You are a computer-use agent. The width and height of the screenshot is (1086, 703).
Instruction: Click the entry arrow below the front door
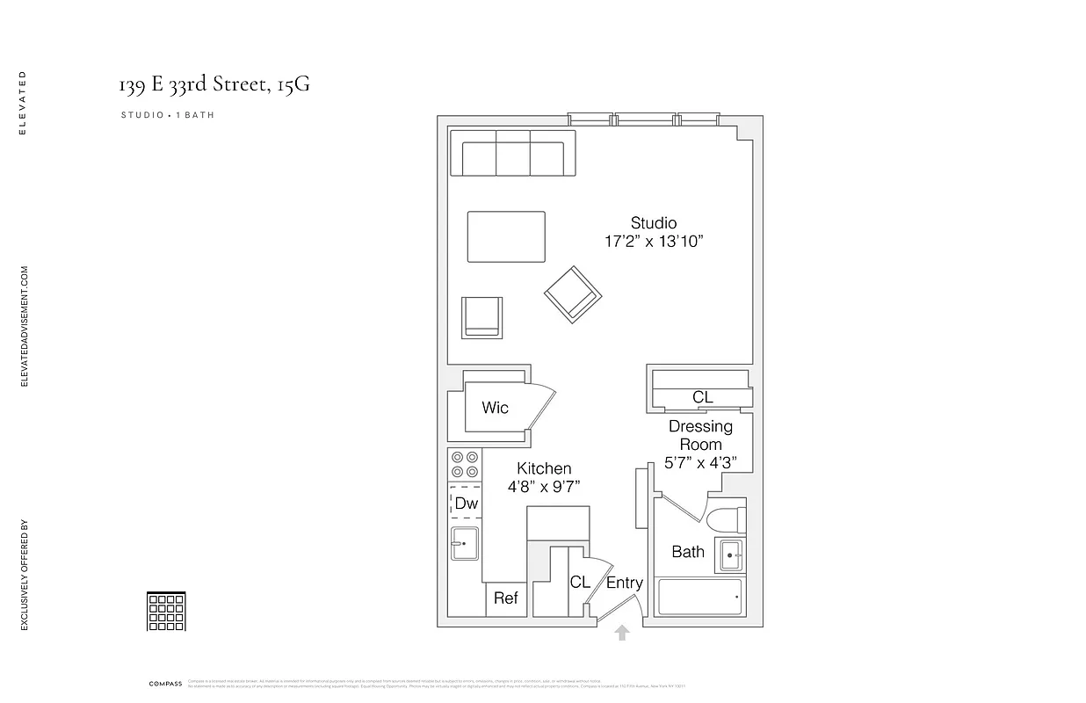click(622, 632)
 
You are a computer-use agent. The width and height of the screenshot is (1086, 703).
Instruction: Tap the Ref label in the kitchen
click(505, 598)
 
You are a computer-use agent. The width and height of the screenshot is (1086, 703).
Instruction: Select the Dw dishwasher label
click(466, 504)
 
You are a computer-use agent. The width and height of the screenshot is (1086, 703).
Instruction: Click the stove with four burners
click(464, 464)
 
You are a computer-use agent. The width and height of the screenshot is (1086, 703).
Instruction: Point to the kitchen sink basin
click(463, 543)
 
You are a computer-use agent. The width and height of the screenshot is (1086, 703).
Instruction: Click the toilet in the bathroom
click(727, 518)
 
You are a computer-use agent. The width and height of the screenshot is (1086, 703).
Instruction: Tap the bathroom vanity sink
click(730, 555)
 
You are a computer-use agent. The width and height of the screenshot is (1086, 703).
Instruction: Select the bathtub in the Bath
click(700, 598)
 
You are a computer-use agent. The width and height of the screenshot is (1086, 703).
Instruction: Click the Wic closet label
click(495, 408)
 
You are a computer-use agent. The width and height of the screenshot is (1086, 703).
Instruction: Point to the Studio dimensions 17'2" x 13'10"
click(654, 242)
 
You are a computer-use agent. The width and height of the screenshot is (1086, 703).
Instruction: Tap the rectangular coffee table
click(506, 236)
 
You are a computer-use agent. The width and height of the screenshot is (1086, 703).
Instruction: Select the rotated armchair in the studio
click(572, 293)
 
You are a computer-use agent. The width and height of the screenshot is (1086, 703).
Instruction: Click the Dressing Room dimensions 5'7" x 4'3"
click(701, 463)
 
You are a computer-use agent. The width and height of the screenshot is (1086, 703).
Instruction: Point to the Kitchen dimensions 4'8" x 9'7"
click(544, 487)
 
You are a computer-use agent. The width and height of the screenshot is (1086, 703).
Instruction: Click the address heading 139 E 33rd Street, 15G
click(214, 85)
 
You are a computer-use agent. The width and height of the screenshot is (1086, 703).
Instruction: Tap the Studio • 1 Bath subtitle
click(168, 115)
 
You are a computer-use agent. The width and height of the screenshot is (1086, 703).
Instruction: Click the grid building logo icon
click(166, 611)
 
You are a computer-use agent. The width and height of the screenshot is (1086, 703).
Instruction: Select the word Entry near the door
click(625, 583)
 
